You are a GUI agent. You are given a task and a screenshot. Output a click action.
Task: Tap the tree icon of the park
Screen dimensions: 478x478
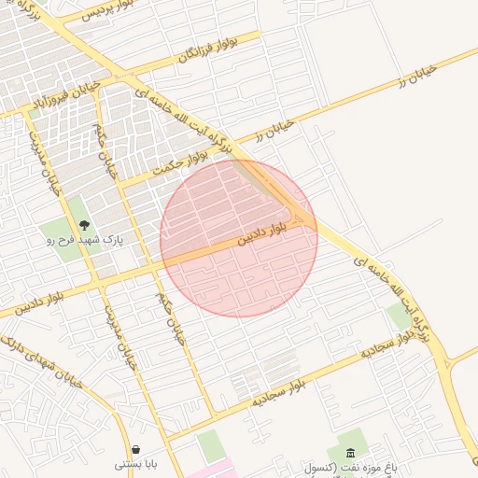pos(85,225)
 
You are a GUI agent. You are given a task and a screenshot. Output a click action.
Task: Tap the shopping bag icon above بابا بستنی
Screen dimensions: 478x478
pos(137,449)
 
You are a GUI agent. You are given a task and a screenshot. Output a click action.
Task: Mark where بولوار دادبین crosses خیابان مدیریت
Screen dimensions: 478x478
pos(97,282)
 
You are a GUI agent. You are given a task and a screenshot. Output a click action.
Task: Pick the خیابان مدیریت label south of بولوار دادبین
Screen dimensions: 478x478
pos(121,336)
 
